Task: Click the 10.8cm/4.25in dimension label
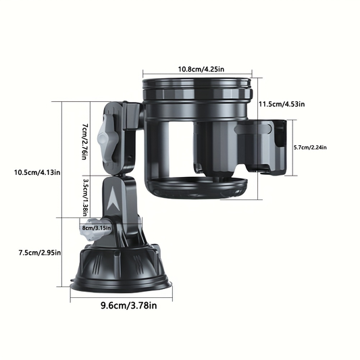[201, 69]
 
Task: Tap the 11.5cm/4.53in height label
[282, 104]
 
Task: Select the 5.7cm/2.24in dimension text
[310, 147]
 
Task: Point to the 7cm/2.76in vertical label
[85, 142]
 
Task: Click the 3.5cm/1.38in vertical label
[85, 197]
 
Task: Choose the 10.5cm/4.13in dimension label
[37, 172]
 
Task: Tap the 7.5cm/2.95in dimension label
[40, 253]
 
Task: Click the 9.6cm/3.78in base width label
[129, 305]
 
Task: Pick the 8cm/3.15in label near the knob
[95, 228]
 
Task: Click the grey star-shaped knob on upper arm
[107, 139]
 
